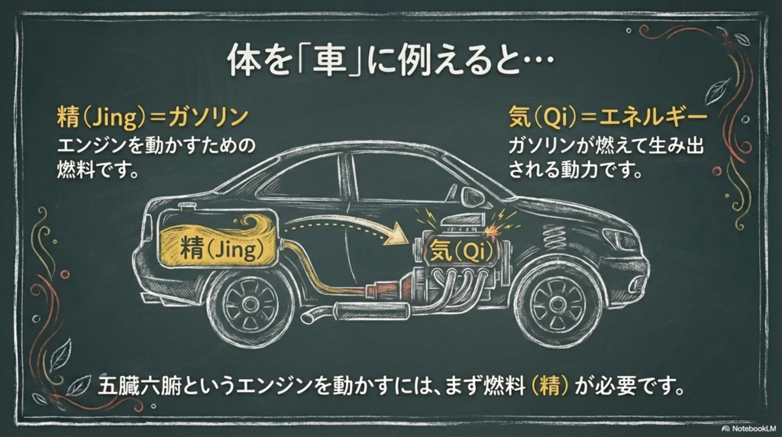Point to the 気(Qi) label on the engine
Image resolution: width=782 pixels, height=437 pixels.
point(459,250)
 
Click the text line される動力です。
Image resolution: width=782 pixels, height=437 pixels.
point(574,169)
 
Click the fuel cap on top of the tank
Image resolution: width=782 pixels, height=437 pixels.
point(183,208)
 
